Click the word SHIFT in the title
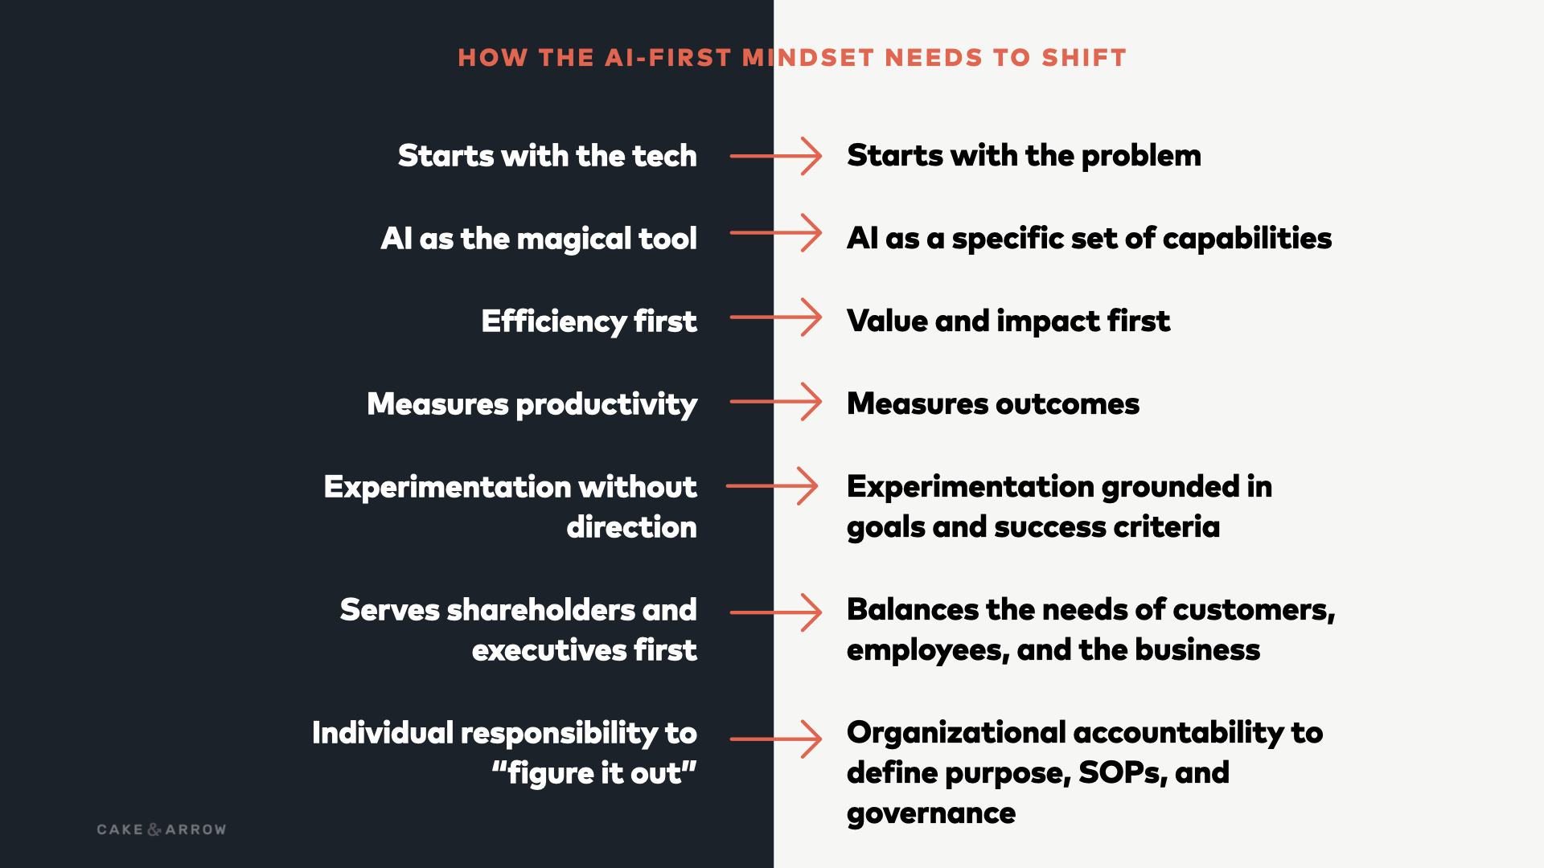(x=1084, y=58)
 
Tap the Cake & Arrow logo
(x=162, y=829)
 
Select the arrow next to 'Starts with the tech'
(x=776, y=156)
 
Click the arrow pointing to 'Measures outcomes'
(x=776, y=401)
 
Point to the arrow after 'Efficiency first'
(x=776, y=317)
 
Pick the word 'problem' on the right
(x=1141, y=156)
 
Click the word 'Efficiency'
(x=554, y=321)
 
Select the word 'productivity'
(x=606, y=404)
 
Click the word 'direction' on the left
(x=632, y=527)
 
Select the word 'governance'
(x=931, y=814)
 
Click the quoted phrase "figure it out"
(x=594, y=773)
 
